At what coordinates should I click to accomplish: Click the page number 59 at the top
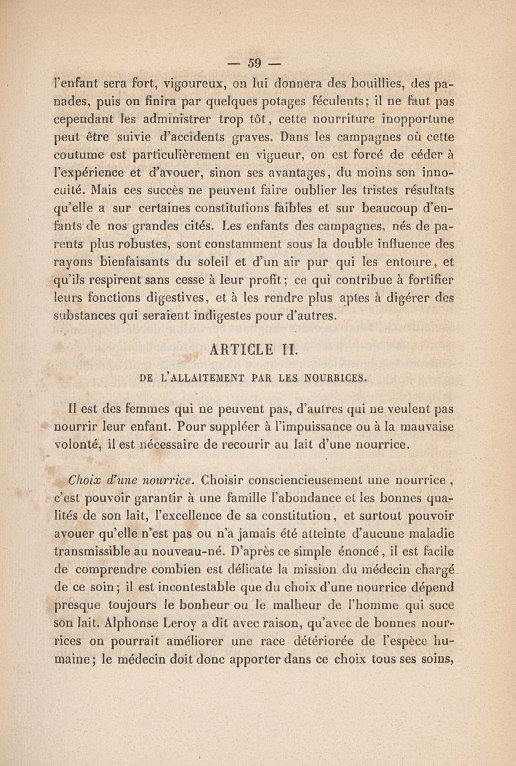pos(256,64)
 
